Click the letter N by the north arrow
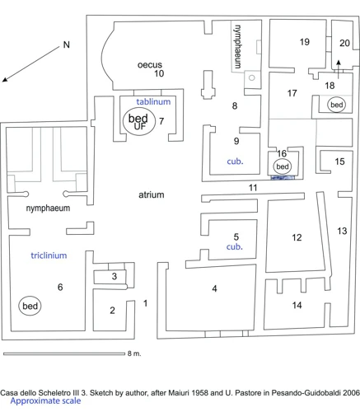pyautogui.click(x=67, y=44)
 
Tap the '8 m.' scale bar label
pyautogui.click(x=134, y=353)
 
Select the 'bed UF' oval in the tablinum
pyautogui.click(x=139, y=122)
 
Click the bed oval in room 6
pyautogui.click(x=30, y=306)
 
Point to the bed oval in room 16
pyautogui.click(x=283, y=166)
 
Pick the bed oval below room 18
pyautogui.click(x=337, y=105)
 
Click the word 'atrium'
pyautogui.click(x=152, y=194)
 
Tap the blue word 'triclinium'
pyautogui.click(x=49, y=255)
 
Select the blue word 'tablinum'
pyautogui.click(x=153, y=101)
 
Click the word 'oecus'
pyautogui.click(x=150, y=65)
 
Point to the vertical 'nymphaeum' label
pyautogui.click(x=237, y=46)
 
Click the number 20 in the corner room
pyautogui.click(x=344, y=43)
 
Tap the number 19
pyautogui.click(x=305, y=42)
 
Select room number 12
pyautogui.click(x=297, y=237)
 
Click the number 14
pyautogui.click(x=297, y=305)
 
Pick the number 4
pyautogui.click(x=214, y=288)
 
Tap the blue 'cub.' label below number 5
pyautogui.click(x=235, y=246)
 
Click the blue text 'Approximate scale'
pyautogui.click(x=45, y=401)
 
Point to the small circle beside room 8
pyautogui.click(x=252, y=77)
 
